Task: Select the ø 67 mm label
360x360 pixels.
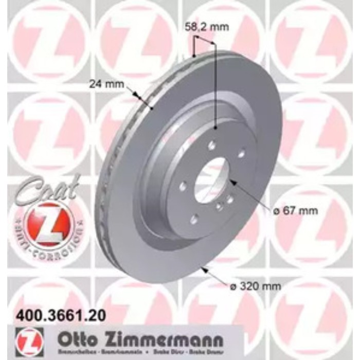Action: click(295, 210)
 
